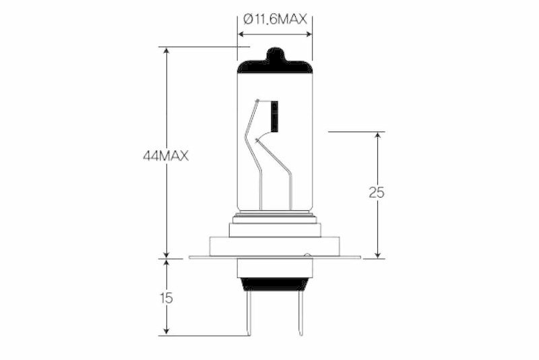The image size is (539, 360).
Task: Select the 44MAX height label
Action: (165, 156)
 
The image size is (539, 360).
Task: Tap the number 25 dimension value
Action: (377, 192)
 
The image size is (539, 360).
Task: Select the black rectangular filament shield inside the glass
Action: (274, 115)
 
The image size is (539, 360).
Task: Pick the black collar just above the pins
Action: (275, 284)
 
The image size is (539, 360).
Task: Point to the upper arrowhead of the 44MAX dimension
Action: (166, 51)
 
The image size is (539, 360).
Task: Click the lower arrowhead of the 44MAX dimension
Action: (166, 253)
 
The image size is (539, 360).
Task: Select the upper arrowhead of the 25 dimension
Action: (377, 136)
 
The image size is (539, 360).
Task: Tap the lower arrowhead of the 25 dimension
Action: (377, 253)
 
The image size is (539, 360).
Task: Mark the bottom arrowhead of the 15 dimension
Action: (166, 331)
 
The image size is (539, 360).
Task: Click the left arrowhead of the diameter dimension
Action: (242, 34)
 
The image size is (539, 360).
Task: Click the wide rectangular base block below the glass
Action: (275, 246)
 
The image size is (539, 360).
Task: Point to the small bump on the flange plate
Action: (307, 255)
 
